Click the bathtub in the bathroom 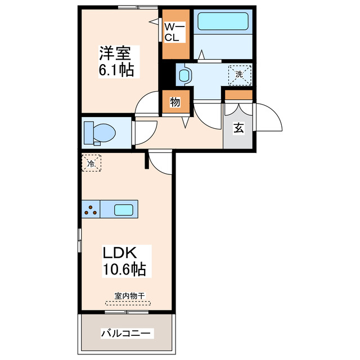click(x=223, y=21)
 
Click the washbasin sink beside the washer click(x=184, y=74)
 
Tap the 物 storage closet click(x=174, y=103)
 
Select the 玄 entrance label click(x=238, y=128)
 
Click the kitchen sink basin click(x=124, y=210)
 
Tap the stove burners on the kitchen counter click(x=91, y=210)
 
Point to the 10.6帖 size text click(x=124, y=270)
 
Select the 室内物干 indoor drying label click(x=127, y=296)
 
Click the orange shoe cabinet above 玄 click(x=238, y=94)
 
